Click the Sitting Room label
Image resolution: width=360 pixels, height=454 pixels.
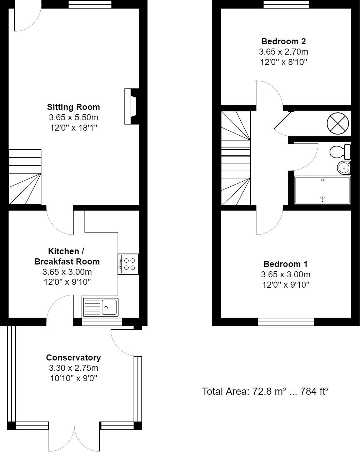pyautogui.click(x=74, y=107)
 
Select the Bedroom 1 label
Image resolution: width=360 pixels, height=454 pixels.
pyautogui.click(x=285, y=264)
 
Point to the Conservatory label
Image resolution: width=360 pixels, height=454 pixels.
pyautogui.click(x=74, y=358)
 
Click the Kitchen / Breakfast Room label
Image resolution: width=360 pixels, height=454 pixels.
pyautogui.click(x=67, y=256)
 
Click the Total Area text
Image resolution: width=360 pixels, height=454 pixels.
pyautogui.click(x=265, y=392)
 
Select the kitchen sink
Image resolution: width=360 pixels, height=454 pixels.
pyautogui.click(x=100, y=307)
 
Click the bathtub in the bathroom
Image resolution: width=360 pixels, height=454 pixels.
pyautogui.click(x=322, y=190)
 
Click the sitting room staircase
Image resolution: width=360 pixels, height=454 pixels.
pyautogui.click(x=25, y=177)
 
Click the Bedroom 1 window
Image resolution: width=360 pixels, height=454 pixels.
pyautogui.click(x=286, y=322)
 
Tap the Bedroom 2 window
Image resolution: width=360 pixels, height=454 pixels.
pyautogui.click(x=286, y=4)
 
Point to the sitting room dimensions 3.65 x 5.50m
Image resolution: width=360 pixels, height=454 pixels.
pyautogui.click(x=74, y=117)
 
